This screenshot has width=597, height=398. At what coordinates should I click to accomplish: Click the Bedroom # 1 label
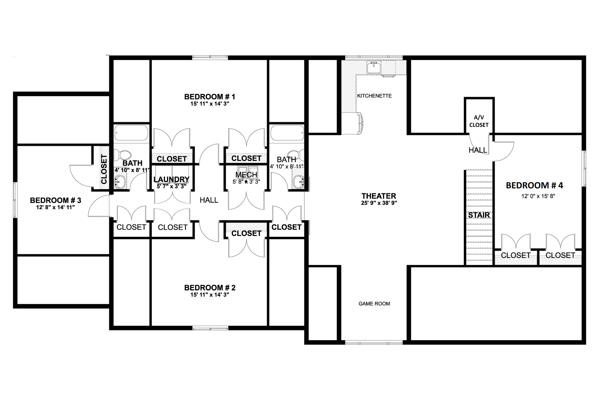[x=210, y=97]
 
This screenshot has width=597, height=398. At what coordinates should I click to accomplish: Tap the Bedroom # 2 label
[x=210, y=288]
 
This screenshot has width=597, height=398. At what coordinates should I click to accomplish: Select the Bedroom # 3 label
[x=55, y=200]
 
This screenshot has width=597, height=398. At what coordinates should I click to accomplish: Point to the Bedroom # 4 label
[x=534, y=185]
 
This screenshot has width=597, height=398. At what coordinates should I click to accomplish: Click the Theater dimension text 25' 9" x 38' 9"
[x=379, y=203]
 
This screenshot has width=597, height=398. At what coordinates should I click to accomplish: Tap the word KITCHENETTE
[x=374, y=96]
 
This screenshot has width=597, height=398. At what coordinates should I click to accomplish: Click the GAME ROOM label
[x=374, y=304]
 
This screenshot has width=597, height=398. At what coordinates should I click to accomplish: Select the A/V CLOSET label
[x=479, y=121]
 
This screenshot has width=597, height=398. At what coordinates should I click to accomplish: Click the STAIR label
[x=479, y=215]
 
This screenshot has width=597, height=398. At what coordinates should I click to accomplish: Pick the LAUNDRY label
[x=171, y=179]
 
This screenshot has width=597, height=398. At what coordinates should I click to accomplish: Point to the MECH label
[x=246, y=175]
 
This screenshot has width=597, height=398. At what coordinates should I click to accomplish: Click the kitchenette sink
[x=374, y=68]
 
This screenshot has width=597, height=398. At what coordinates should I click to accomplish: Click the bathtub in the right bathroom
[x=287, y=133]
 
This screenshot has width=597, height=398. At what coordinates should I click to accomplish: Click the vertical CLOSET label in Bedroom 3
[x=104, y=169]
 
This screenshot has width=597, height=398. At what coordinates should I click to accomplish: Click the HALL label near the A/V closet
[x=478, y=150]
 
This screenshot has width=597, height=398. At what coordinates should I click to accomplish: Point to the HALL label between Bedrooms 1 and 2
[x=209, y=200]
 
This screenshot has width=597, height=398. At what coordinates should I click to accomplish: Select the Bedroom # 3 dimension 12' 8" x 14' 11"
[x=55, y=207]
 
